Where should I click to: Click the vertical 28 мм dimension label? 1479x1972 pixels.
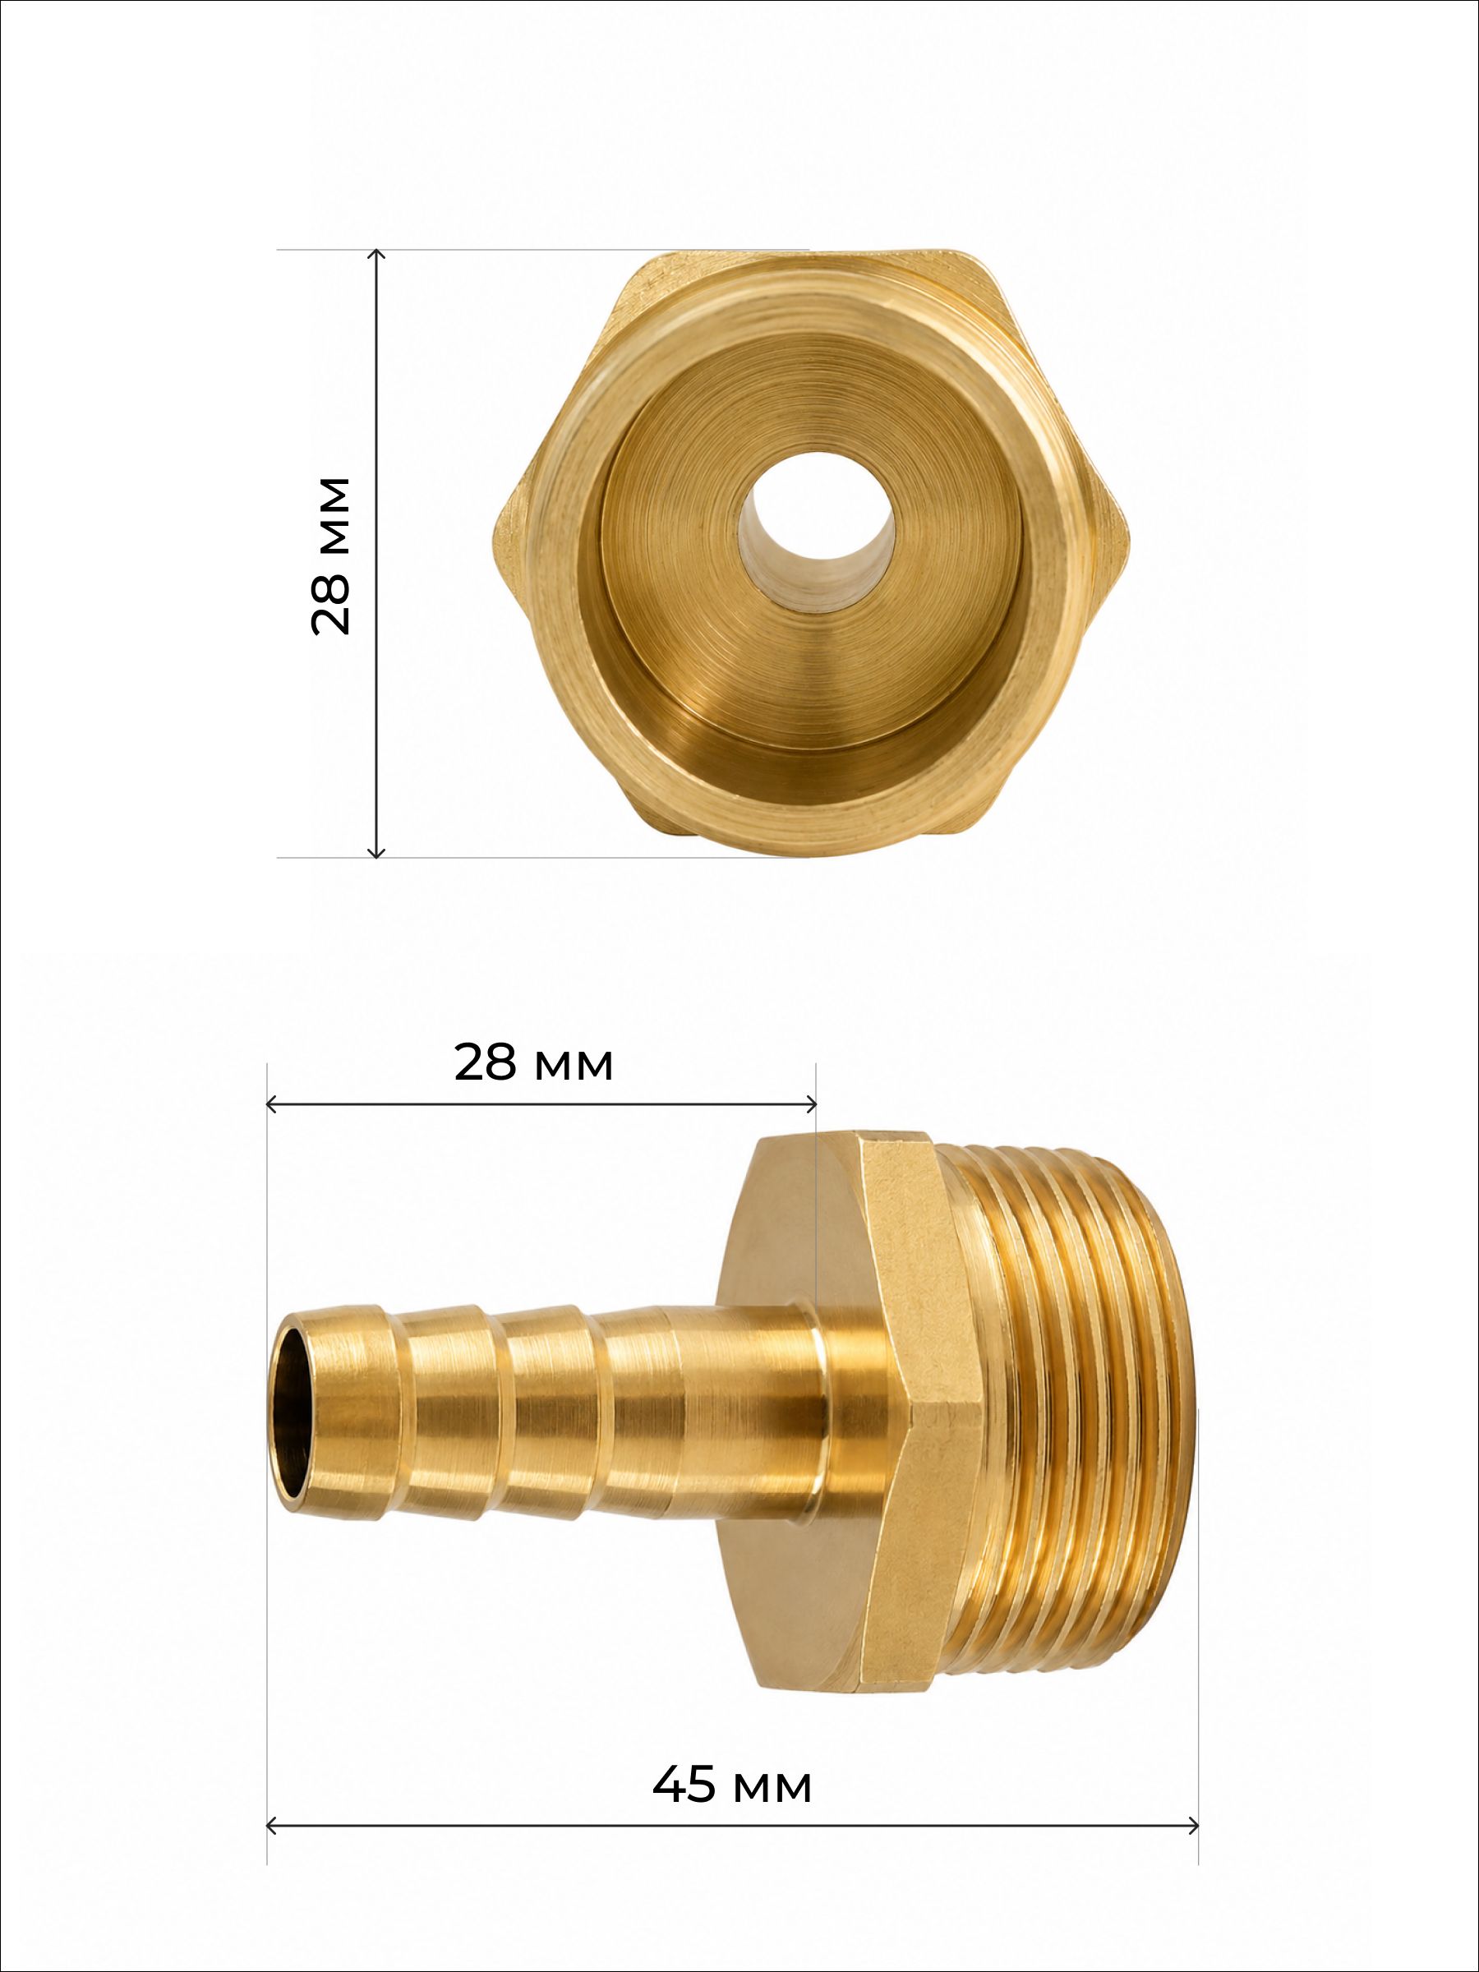(x=329, y=555)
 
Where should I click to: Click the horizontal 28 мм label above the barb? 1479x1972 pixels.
(x=533, y=1062)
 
